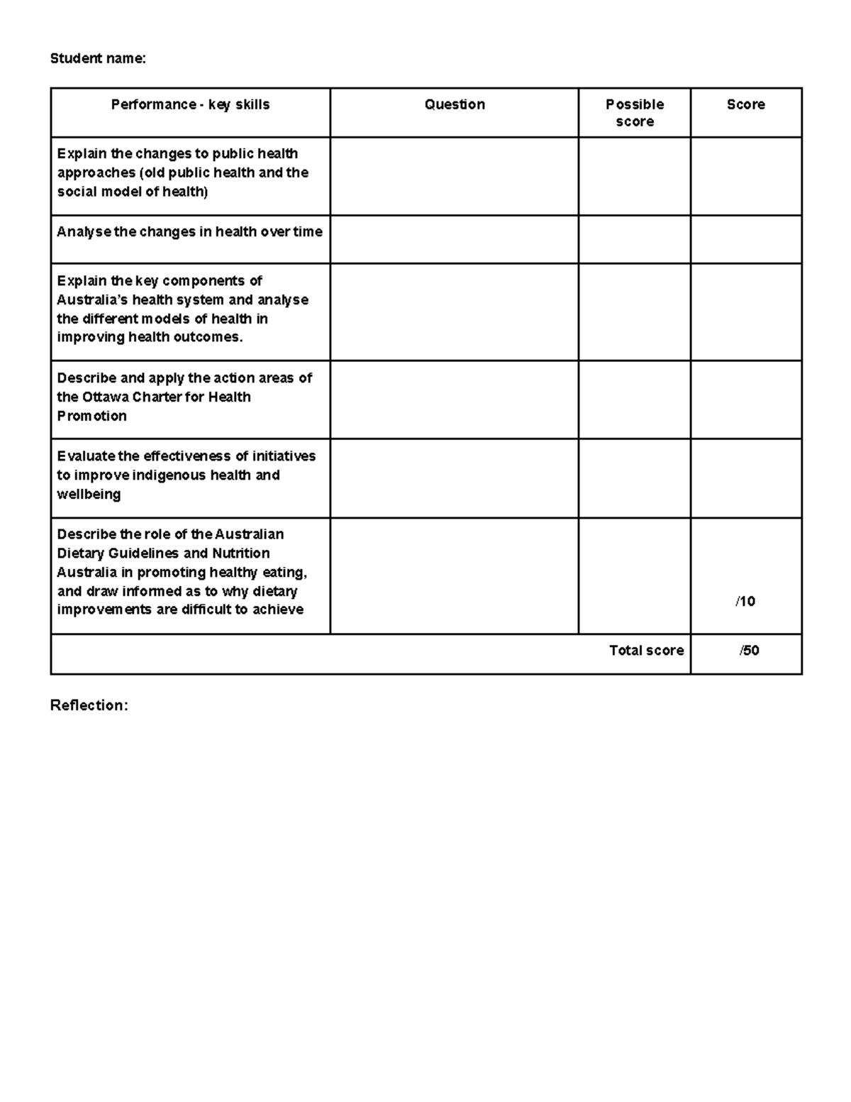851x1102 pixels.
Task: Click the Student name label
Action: click(x=97, y=58)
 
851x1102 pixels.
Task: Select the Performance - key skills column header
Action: click(x=190, y=104)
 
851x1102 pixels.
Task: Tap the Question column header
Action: click(x=455, y=104)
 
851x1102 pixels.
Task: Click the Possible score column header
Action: click(x=635, y=113)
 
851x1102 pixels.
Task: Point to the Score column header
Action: click(x=745, y=104)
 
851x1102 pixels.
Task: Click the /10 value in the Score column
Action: click(x=745, y=601)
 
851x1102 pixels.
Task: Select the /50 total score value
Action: click(x=749, y=650)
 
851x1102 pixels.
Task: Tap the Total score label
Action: click(x=646, y=650)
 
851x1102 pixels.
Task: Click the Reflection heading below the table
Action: click(x=89, y=705)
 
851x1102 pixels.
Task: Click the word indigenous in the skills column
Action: click(x=172, y=475)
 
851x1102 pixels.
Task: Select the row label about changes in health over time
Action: click(x=189, y=231)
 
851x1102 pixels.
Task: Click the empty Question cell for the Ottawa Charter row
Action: click(x=454, y=399)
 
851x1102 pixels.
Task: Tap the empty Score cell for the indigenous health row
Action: click(x=745, y=478)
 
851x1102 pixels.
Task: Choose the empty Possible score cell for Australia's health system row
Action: click(x=634, y=312)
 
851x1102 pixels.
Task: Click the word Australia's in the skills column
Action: click(x=92, y=299)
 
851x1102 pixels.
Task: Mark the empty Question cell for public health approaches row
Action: click(x=454, y=176)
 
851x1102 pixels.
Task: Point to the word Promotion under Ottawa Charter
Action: click(x=91, y=416)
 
